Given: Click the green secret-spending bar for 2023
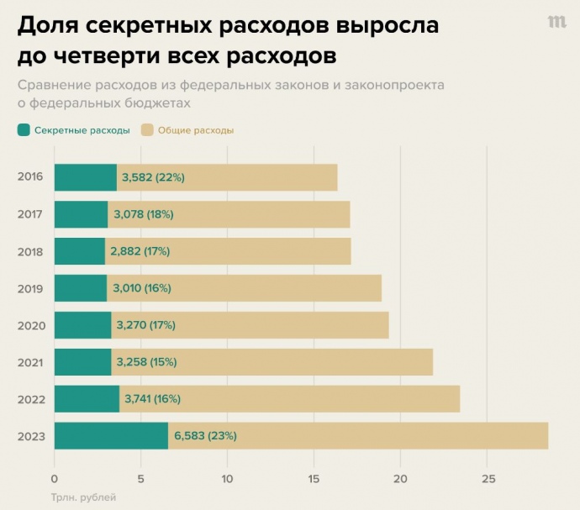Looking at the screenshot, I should (x=111, y=436).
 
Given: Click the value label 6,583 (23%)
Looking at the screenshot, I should (x=205, y=436).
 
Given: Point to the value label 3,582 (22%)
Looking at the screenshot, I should (x=153, y=177).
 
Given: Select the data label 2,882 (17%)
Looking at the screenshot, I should (x=140, y=251).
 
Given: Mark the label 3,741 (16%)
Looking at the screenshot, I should (x=152, y=399).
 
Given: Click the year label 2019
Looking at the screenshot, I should (x=30, y=288).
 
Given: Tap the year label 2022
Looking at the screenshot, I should (x=30, y=399).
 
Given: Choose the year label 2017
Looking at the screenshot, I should (x=30, y=214).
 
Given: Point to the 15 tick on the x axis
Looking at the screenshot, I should (x=314, y=479).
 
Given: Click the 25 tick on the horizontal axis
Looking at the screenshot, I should (x=488, y=479).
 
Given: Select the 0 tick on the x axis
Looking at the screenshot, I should (x=55, y=479).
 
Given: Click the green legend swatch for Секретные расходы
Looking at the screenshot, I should (x=24, y=130).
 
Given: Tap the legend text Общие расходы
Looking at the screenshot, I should (x=196, y=130).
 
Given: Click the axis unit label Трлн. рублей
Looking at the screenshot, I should (x=77, y=497).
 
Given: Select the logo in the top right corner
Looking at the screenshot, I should (x=556, y=23).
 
